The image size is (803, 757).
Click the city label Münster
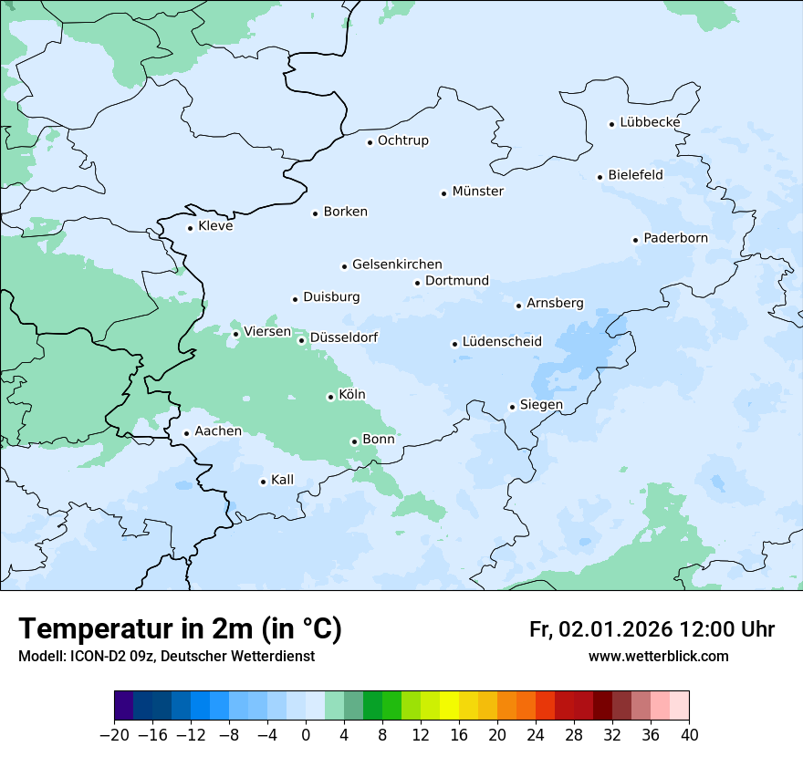(x=477, y=192)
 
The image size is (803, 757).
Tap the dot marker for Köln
(x=330, y=397)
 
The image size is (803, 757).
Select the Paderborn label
(x=675, y=238)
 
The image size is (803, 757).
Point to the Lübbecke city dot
(x=612, y=124)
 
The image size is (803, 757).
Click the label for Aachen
(x=218, y=431)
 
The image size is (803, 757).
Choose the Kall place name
(x=282, y=480)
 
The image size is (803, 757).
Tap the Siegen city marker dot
(x=513, y=407)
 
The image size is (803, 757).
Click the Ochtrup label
(x=402, y=140)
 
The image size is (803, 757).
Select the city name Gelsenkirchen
(x=397, y=264)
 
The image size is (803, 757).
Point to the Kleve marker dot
(x=191, y=228)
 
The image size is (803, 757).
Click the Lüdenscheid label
(x=502, y=342)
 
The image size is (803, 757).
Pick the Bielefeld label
(x=635, y=174)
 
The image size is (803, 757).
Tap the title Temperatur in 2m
(x=180, y=628)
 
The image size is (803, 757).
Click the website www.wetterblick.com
(x=658, y=657)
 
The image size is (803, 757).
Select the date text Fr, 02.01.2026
(x=600, y=629)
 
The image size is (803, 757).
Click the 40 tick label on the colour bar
(x=689, y=735)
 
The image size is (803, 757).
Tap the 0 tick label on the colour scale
(x=306, y=735)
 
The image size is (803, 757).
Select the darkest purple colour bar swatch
(x=124, y=706)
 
